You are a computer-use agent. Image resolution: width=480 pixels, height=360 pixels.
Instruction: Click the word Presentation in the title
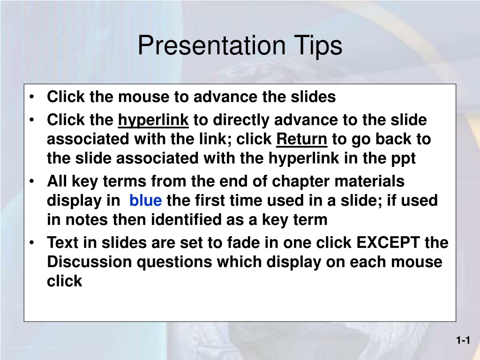click(212, 45)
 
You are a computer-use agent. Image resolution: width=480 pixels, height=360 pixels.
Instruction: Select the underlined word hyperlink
click(153, 120)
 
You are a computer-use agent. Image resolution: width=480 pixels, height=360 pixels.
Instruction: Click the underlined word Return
click(301, 139)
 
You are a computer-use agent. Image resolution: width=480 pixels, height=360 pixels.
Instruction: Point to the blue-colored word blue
click(146, 200)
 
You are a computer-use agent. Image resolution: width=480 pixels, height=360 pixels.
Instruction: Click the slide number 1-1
click(463, 340)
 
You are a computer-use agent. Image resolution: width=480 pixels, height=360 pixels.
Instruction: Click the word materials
click(369, 181)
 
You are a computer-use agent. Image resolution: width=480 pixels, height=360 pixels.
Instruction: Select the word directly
click(241, 120)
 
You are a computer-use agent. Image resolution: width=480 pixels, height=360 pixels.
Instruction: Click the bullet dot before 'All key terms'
click(32, 181)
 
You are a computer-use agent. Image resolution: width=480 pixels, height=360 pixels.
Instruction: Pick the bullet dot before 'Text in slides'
click(32, 243)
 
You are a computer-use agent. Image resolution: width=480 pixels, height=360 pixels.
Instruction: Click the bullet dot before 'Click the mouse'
click(32, 97)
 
